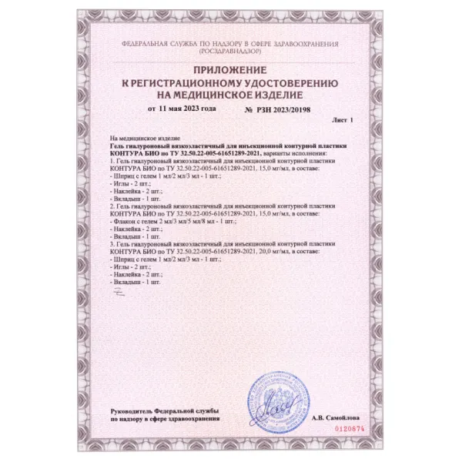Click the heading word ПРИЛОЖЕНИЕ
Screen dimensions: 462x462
pyautogui.click(x=231, y=71)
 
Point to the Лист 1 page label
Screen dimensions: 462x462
pyautogui.click(x=339, y=122)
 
